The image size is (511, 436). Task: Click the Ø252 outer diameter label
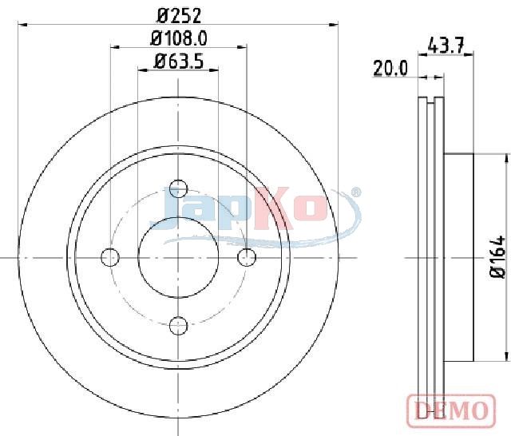179,16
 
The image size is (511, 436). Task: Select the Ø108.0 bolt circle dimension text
179,39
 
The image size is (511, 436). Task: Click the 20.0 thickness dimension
390,69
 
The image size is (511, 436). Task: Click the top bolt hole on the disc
179,188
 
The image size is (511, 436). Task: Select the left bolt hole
110,257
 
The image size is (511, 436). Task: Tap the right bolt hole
247,257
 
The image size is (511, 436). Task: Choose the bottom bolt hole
179,325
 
